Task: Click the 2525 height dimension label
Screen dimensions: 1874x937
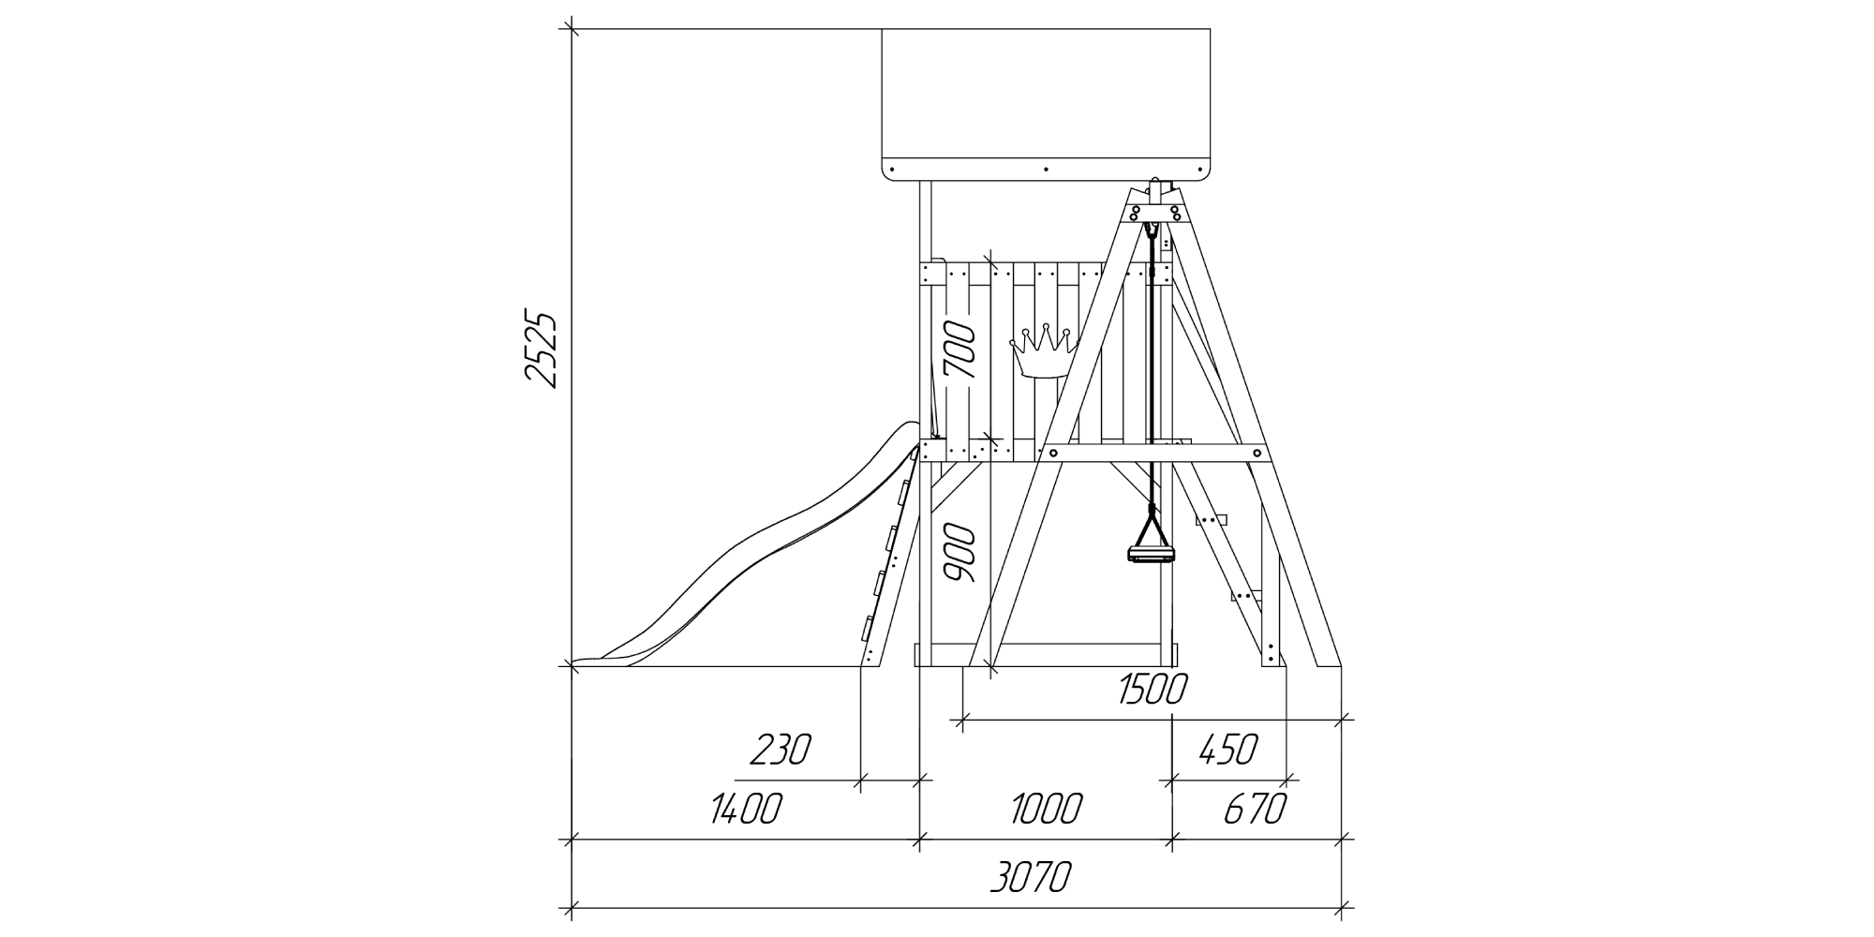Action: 542,348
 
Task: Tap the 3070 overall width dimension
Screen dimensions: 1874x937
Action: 1030,879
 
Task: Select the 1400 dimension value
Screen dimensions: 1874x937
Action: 745,808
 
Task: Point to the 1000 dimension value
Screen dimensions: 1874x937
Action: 1047,808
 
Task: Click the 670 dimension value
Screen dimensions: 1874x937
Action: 1255,808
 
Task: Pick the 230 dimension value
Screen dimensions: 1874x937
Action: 780,750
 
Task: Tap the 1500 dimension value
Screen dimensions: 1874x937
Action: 1153,690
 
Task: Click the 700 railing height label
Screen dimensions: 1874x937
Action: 961,350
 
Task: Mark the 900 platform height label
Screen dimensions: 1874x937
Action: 961,554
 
